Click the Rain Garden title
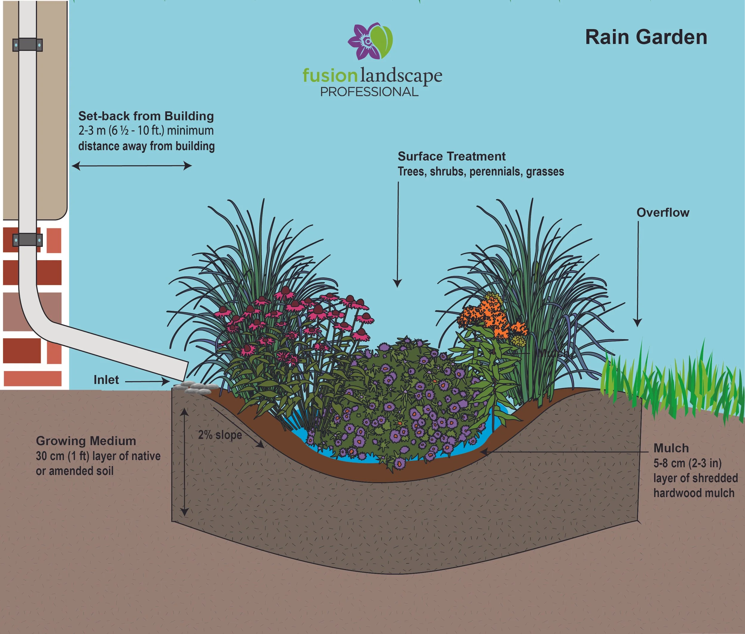[646, 37]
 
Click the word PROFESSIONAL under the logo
[369, 92]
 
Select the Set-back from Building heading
[146, 116]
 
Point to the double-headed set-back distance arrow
[131, 166]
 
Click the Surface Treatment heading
[451, 156]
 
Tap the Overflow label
[663, 212]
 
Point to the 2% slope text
[220, 435]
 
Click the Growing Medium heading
[86, 441]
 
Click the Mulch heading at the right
[671, 448]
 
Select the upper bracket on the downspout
[28, 45]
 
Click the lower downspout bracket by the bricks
[28, 240]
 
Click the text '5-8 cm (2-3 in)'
[687, 463]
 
